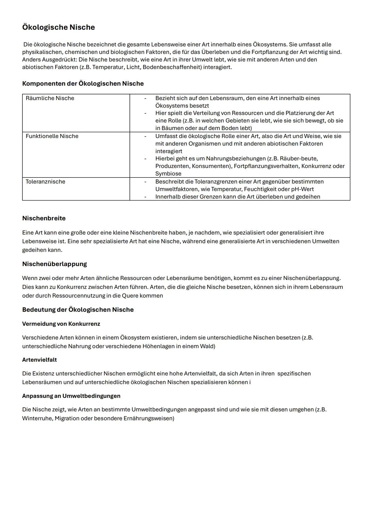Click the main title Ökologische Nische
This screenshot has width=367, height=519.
click(58, 27)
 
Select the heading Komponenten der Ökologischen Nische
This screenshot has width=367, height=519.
click(83, 84)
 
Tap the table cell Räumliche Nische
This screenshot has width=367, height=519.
click(50, 98)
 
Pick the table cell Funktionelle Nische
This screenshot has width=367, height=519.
click(52, 136)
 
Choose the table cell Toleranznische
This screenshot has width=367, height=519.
click(46, 182)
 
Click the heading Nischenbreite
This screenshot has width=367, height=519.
click(44, 218)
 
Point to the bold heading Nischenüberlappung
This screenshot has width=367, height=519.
click(54, 264)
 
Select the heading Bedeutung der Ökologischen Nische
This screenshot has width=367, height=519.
click(78, 310)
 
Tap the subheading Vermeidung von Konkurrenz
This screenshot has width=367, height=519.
click(61, 324)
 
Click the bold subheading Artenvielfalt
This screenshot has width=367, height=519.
click(39, 360)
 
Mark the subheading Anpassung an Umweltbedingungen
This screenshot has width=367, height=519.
click(71, 396)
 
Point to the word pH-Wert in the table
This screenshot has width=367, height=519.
click(302, 189)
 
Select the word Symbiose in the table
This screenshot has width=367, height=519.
click(168, 174)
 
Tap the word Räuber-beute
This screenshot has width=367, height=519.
click(299, 159)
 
